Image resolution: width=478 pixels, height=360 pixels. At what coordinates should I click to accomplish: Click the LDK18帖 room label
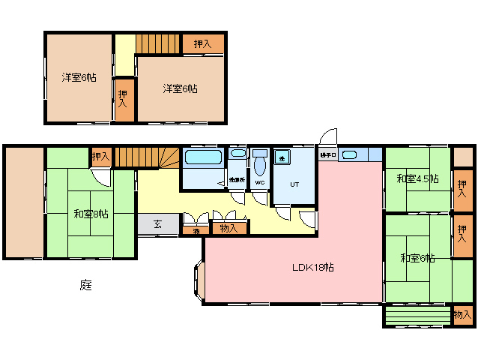pyautogui.click(x=313, y=268)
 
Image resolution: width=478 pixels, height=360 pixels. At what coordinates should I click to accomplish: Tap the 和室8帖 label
pyautogui.click(x=91, y=214)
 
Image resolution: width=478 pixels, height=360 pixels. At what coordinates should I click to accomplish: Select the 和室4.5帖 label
pyautogui.click(x=417, y=178)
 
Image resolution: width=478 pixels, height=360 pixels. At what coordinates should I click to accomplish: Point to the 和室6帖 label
pyautogui.click(x=417, y=258)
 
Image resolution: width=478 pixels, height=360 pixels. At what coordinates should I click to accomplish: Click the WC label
pyautogui.click(x=260, y=182)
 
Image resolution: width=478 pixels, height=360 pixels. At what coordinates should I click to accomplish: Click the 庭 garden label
pyautogui.click(x=86, y=286)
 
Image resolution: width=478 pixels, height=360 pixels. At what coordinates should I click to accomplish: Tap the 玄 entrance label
pyautogui.click(x=158, y=223)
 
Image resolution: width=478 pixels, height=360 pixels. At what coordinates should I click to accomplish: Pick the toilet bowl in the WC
pyautogui.click(x=260, y=163)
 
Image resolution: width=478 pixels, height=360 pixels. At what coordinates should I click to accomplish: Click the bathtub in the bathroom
pyautogui.click(x=202, y=158)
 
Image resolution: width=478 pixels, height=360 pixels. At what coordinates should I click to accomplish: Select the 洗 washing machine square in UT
pyautogui.click(x=282, y=157)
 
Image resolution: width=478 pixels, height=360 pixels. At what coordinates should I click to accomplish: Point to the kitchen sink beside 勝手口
pyautogui.click(x=349, y=155)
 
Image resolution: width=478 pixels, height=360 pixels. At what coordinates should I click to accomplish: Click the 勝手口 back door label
pyautogui.click(x=327, y=155)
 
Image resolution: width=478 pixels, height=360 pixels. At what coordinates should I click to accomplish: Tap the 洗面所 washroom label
pyautogui.click(x=238, y=181)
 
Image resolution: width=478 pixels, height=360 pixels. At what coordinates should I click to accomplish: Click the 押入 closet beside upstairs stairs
pyautogui.click(x=202, y=44)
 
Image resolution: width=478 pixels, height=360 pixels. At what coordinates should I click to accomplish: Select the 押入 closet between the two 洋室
pyautogui.click(x=123, y=98)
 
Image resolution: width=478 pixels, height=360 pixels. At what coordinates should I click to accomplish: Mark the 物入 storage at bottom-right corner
pyautogui.click(x=462, y=316)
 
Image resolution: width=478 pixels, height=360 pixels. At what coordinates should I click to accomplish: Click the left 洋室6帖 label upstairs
pyautogui.click(x=78, y=76)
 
